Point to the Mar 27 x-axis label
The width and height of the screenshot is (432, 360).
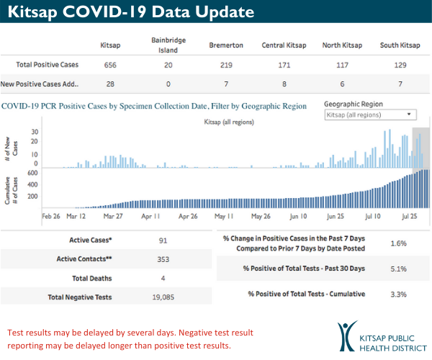pos(114,216)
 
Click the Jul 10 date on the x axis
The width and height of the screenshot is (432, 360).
pos(374,216)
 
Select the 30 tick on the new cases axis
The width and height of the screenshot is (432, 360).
pos(34,132)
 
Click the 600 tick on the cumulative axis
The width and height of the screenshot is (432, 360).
pos(32,174)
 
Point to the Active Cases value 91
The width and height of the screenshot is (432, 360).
pos(165,240)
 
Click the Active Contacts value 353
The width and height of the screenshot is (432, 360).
pos(165,258)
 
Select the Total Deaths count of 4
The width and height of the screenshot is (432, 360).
pos(165,277)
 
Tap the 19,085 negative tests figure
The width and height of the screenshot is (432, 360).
pos(165,296)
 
